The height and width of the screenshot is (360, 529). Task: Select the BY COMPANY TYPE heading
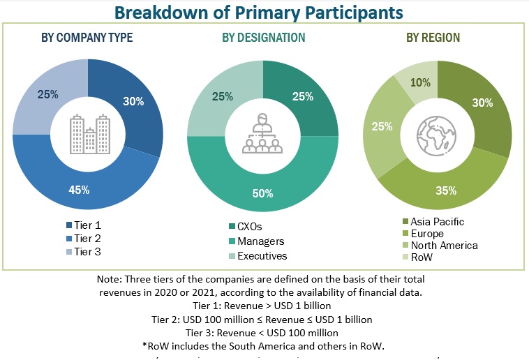[x=88, y=37]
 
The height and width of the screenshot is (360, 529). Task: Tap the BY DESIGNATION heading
[x=263, y=37]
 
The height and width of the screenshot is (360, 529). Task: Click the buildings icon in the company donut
[x=88, y=135]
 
